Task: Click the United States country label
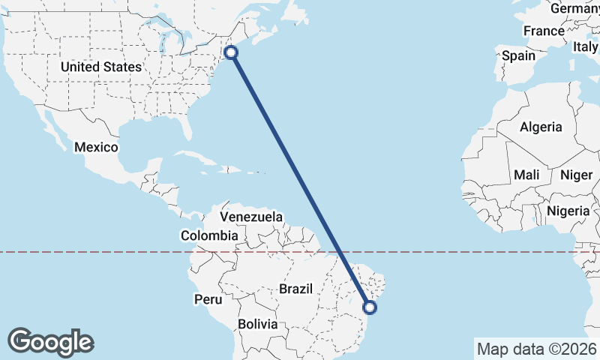(x=101, y=67)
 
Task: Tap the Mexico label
(x=96, y=147)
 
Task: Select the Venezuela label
(x=251, y=217)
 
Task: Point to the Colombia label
(x=209, y=235)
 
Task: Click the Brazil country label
(x=295, y=289)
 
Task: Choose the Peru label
(x=208, y=299)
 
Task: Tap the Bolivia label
(x=258, y=325)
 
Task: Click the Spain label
(x=519, y=55)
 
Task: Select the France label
(x=544, y=31)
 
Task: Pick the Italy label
(x=586, y=46)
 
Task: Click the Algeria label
(x=541, y=127)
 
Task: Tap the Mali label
(x=526, y=175)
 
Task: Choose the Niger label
(x=576, y=175)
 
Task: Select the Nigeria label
(x=568, y=211)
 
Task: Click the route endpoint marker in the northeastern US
(x=231, y=52)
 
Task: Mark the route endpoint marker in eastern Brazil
(x=369, y=306)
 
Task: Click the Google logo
(x=50, y=341)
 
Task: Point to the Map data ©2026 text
(x=536, y=349)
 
